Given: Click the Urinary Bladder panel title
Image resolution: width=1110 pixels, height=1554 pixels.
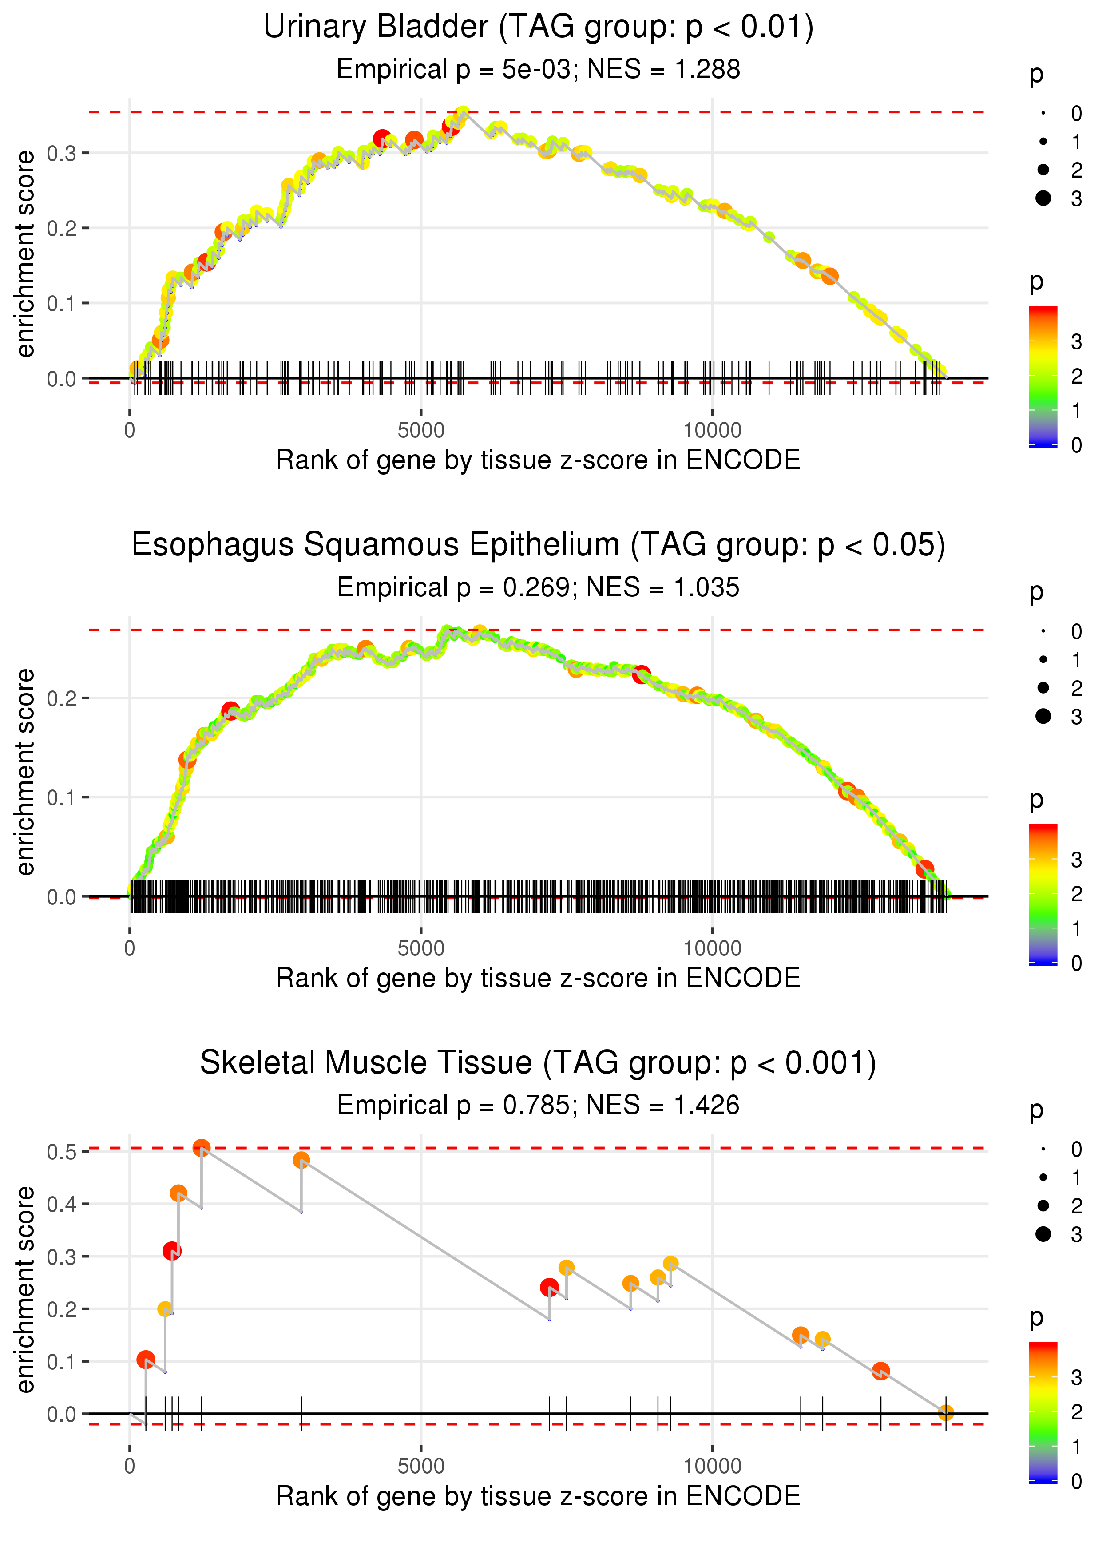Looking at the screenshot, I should click(538, 28).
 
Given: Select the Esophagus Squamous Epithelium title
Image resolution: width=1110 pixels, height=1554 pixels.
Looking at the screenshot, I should click(538, 545).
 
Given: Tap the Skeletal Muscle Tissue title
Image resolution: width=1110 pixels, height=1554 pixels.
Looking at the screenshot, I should click(538, 1063).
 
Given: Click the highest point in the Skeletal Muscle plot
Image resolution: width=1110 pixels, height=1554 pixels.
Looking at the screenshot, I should click(201, 1148).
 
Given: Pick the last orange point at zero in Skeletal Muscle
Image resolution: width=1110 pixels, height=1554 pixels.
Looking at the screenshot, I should click(945, 1412).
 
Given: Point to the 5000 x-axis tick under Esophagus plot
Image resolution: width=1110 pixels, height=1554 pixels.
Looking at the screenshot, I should click(420, 948).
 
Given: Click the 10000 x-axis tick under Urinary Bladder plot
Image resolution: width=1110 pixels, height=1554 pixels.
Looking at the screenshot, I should click(712, 431).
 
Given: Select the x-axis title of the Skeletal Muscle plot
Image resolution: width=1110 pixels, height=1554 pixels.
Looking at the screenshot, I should click(538, 1496).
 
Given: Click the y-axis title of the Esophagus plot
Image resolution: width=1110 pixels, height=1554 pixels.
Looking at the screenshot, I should click(25, 772).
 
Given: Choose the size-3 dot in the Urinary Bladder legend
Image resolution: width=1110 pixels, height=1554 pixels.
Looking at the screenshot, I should click(1043, 198).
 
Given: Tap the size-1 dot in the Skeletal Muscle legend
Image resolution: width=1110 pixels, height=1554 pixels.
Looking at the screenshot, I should click(1043, 1177).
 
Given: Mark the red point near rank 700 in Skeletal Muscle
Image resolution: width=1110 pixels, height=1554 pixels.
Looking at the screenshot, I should click(171, 1251).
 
